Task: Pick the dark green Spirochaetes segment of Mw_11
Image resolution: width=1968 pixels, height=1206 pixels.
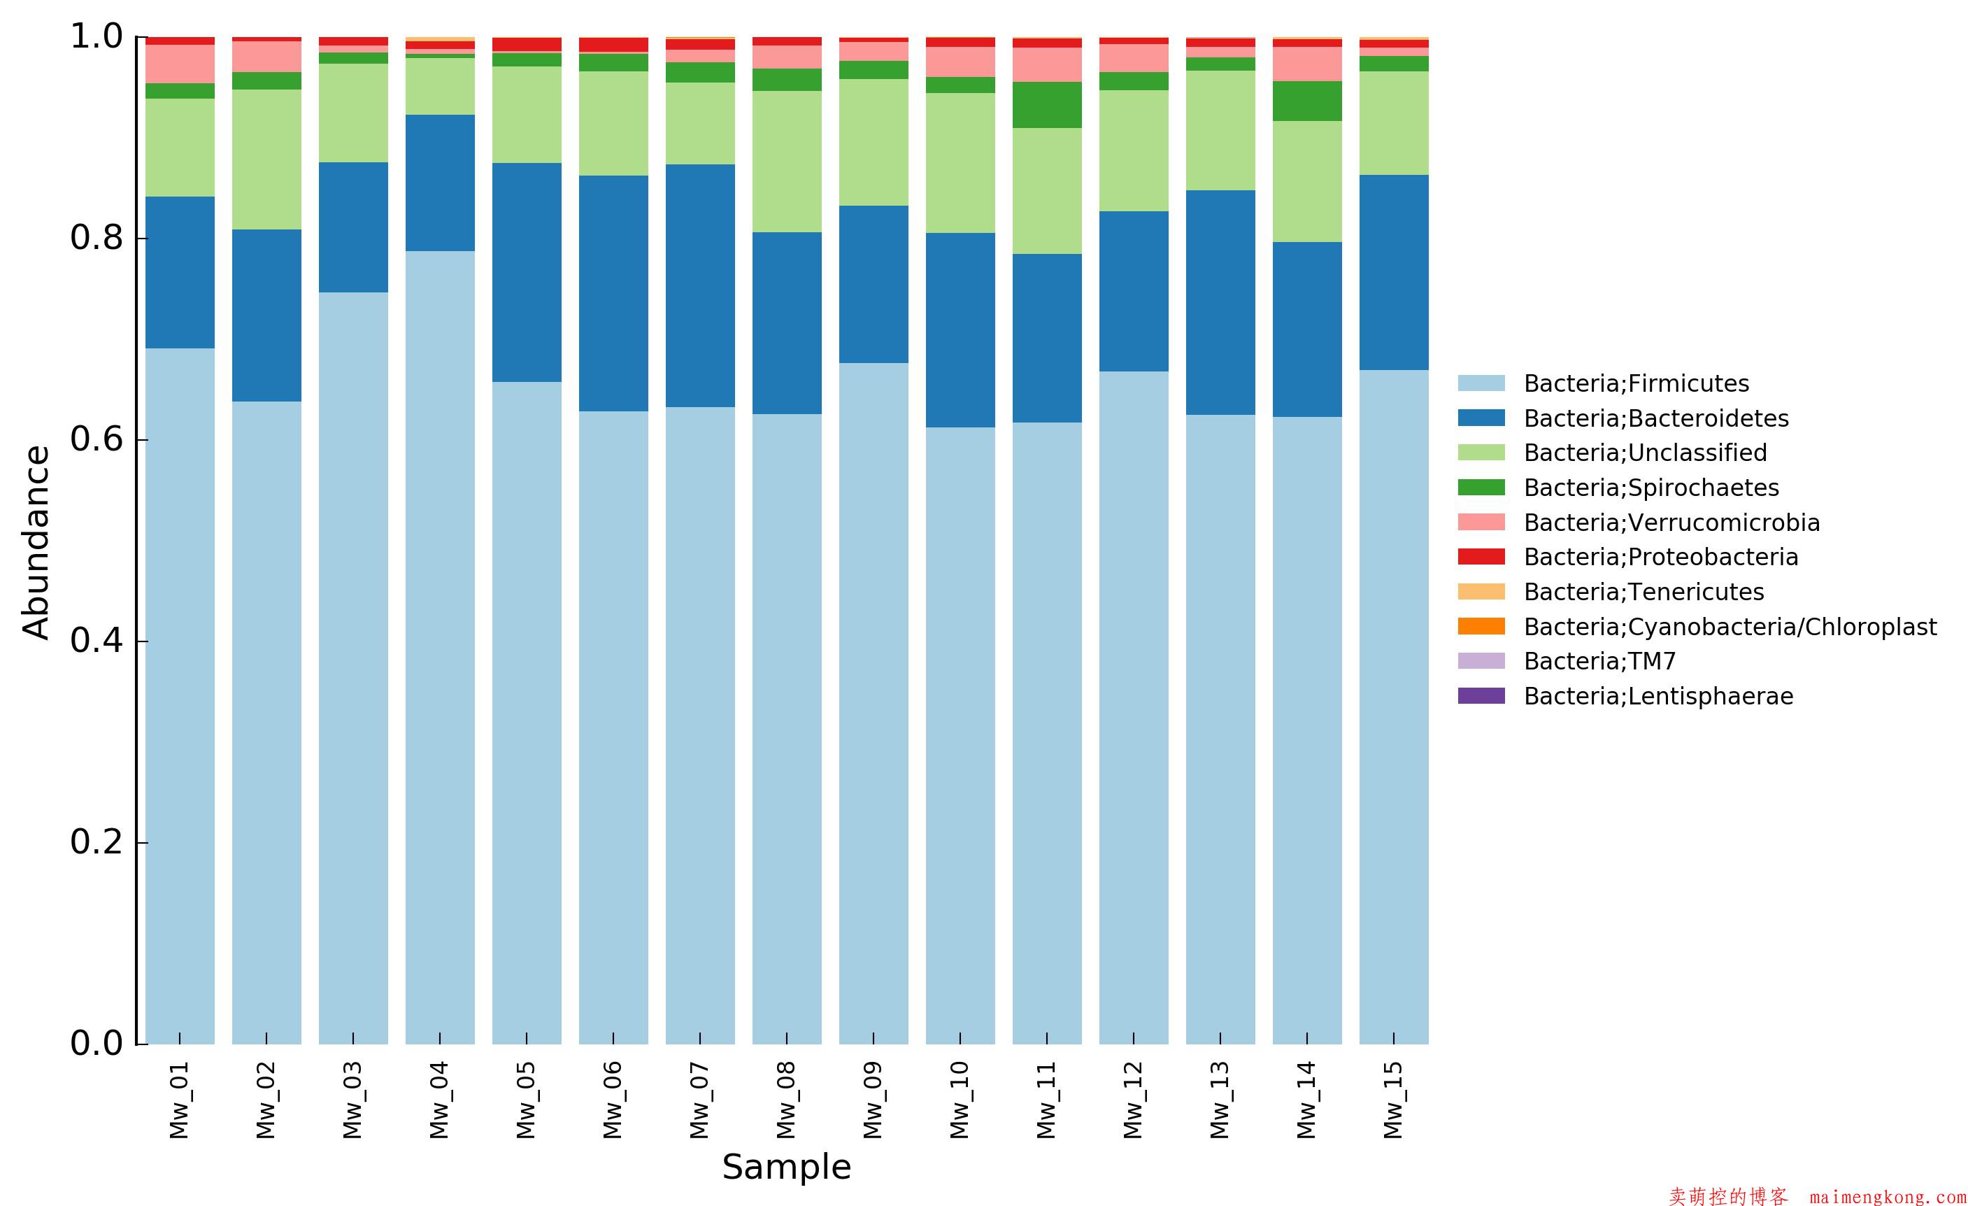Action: (x=1046, y=105)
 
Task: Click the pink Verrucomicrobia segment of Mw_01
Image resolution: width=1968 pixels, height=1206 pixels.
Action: (x=180, y=64)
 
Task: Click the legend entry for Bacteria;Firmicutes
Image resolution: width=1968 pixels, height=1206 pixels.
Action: (x=1636, y=383)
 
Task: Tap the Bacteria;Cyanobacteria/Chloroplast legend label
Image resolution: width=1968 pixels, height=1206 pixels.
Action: (x=1730, y=627)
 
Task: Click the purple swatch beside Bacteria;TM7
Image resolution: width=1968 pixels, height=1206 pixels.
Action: (x=1481, y=661)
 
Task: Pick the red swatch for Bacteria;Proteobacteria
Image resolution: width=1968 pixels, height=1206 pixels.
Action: (x=1481, y=557)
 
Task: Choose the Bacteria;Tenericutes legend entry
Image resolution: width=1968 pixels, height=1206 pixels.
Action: (x=1643, y=592)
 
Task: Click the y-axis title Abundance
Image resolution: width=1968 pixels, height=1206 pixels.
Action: (x=36, y=542)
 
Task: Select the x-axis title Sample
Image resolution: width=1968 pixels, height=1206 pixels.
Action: (x=787, y=1167)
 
